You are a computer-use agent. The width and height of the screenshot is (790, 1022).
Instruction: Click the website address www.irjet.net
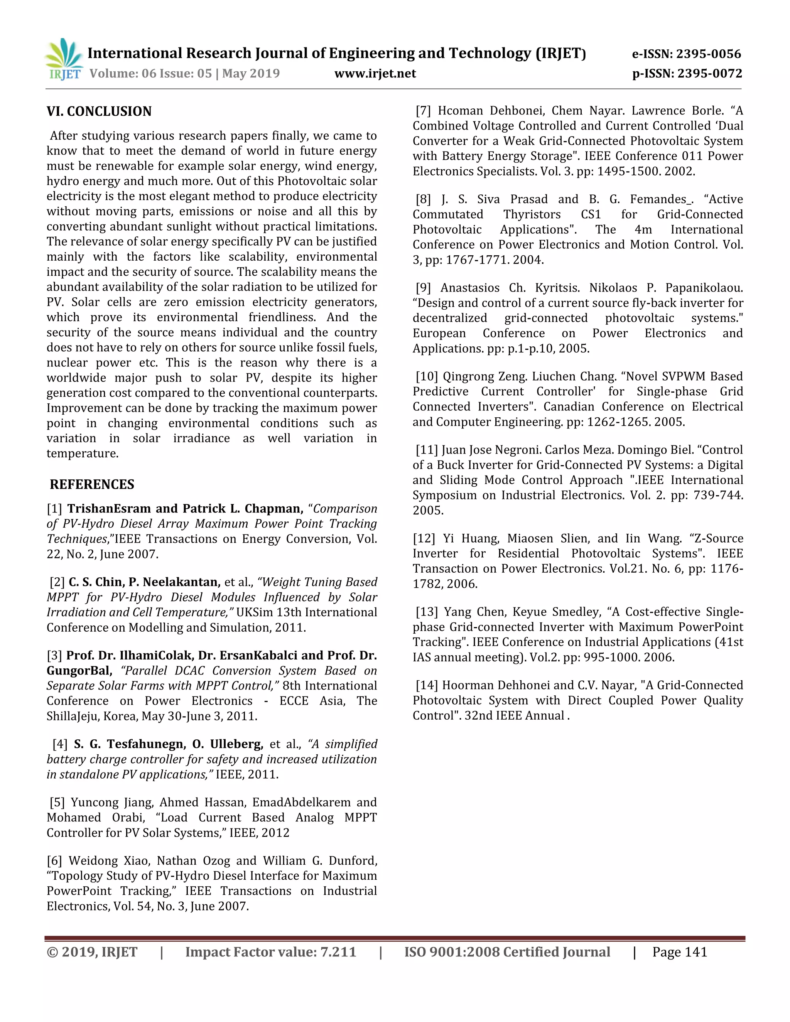[375, 73]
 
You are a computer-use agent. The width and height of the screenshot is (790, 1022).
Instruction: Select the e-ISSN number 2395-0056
[709, 54]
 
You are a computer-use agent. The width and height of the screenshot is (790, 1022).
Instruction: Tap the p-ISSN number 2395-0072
[709, 73]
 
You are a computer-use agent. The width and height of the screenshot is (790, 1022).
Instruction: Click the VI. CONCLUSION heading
[99, 111]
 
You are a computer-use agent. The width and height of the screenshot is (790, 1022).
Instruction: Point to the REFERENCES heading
[92, 484]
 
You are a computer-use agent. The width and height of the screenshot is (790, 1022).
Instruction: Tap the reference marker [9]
[424, 288]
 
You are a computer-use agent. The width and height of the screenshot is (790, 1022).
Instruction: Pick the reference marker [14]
[427, 685]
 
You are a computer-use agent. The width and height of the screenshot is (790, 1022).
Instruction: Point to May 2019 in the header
[251, 73]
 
